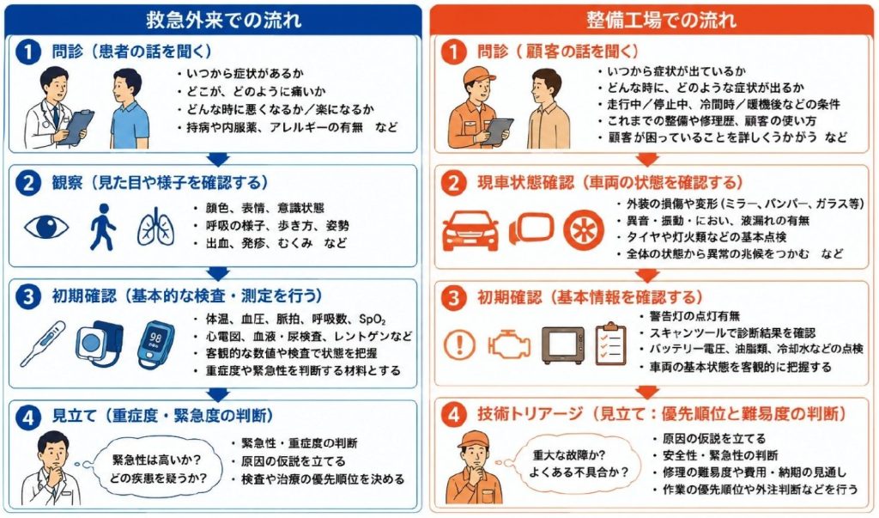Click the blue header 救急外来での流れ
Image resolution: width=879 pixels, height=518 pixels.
coord(223,20)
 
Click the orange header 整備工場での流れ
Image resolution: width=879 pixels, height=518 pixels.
coord(662,20)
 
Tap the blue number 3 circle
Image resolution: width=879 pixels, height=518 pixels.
coord(28,296)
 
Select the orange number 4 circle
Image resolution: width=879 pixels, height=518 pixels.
coord(453,415)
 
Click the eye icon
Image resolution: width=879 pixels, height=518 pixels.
coord(46,228)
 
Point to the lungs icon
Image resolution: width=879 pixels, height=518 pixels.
coord(156,228)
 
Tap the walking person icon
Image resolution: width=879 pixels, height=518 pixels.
coord(103,227)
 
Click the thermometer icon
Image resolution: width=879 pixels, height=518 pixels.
coord(43,344)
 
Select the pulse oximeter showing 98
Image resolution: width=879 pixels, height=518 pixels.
coord(155,344)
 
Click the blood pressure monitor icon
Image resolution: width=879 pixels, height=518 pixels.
coord(100,343)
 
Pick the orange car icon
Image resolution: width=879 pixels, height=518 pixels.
coord(470,230)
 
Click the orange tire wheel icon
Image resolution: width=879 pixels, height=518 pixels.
coord(584,230)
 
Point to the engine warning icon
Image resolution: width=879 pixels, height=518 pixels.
coord(508,344)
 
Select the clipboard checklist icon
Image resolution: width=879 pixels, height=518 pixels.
coord(610,344)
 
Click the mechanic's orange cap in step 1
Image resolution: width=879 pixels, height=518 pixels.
coord(479,74)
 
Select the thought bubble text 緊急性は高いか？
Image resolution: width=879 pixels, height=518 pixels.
coord(157,460)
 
